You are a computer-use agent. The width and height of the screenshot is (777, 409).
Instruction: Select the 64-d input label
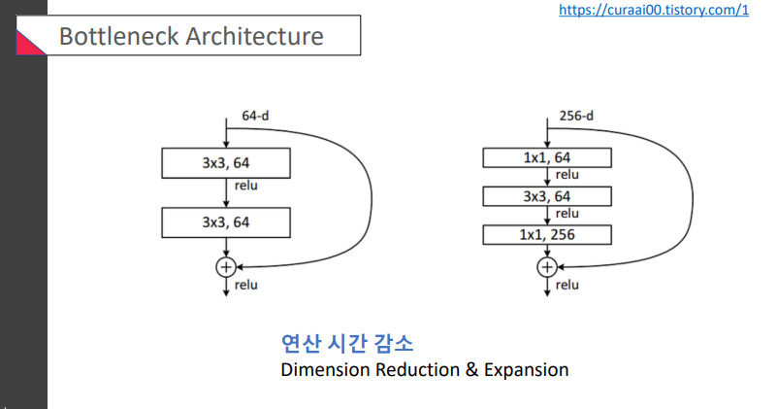(x=255, y=116)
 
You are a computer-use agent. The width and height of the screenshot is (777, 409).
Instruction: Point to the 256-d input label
(x=576, y=117)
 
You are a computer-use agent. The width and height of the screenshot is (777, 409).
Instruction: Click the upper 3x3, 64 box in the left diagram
(x=226, y=161)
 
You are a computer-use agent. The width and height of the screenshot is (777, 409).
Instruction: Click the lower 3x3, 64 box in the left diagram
(x=226, y=222)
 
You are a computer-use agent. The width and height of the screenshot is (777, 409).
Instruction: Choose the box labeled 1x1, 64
(x=547, y=157)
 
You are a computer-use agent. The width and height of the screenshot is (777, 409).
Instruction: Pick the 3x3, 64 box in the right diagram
(x=547, y=196)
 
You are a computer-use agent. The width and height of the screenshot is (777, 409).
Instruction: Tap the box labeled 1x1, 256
(x=547, y=234)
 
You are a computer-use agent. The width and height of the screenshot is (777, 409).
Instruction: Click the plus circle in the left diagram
(x=226, y=265)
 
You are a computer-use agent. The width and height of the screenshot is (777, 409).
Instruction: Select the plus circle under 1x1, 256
(x=547, y=266)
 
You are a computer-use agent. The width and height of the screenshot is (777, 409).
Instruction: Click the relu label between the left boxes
(x=246, y=185)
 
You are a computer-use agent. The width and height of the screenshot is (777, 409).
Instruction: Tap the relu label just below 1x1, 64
(x=567, y=175)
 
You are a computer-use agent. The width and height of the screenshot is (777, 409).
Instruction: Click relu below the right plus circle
(x=567, y=285)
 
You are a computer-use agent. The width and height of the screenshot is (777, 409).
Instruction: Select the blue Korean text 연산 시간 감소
(x=346, y=343)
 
